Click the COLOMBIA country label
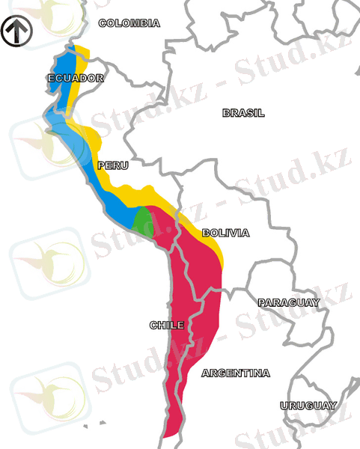coord(129,23)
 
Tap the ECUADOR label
coord(75,78)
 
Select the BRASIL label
coord(243,113)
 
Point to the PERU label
coord(112,165)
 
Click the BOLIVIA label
coord(225,233)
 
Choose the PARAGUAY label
coord(288,302)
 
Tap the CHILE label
coord(166,325)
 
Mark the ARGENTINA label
coord(236,373)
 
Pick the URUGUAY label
coord(308,405)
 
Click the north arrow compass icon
coord(14,32)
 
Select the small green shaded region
coord(142,220)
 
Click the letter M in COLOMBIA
coord(134,23)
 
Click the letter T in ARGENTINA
coord(242,373)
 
